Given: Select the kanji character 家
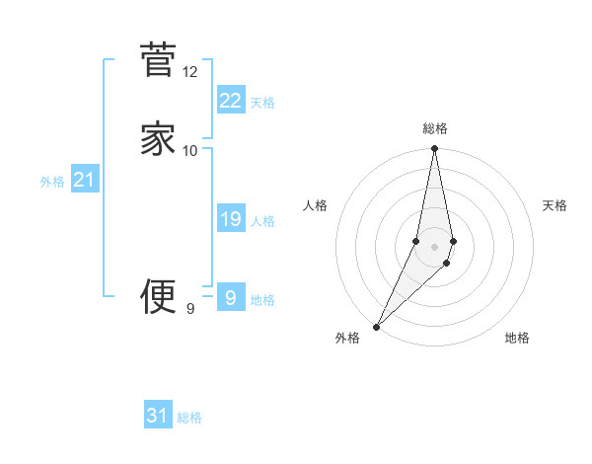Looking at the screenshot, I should (158, 138).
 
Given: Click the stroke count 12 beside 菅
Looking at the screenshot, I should (190, 72).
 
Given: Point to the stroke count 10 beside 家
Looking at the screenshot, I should (190, 150).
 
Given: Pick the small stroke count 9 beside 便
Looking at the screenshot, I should (190, 309).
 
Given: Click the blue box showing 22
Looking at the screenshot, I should (230, 100).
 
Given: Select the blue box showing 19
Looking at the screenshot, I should (230, 219).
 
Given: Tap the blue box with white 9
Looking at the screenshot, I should (230, 297).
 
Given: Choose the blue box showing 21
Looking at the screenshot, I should (84, 180).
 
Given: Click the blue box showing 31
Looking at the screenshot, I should (158, 416).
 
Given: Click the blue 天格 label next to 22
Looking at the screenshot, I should (262, 102).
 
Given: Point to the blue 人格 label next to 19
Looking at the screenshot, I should (262, 221).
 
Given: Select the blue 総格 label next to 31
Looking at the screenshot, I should (189, 418).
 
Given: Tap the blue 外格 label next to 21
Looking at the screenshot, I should (52, 182).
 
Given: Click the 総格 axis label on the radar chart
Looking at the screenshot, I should (435, 128).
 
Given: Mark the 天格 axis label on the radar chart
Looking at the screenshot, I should (555, 205).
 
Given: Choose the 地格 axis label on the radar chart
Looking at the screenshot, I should (517, 338).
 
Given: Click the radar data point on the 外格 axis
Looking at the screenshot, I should (376, 326).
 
